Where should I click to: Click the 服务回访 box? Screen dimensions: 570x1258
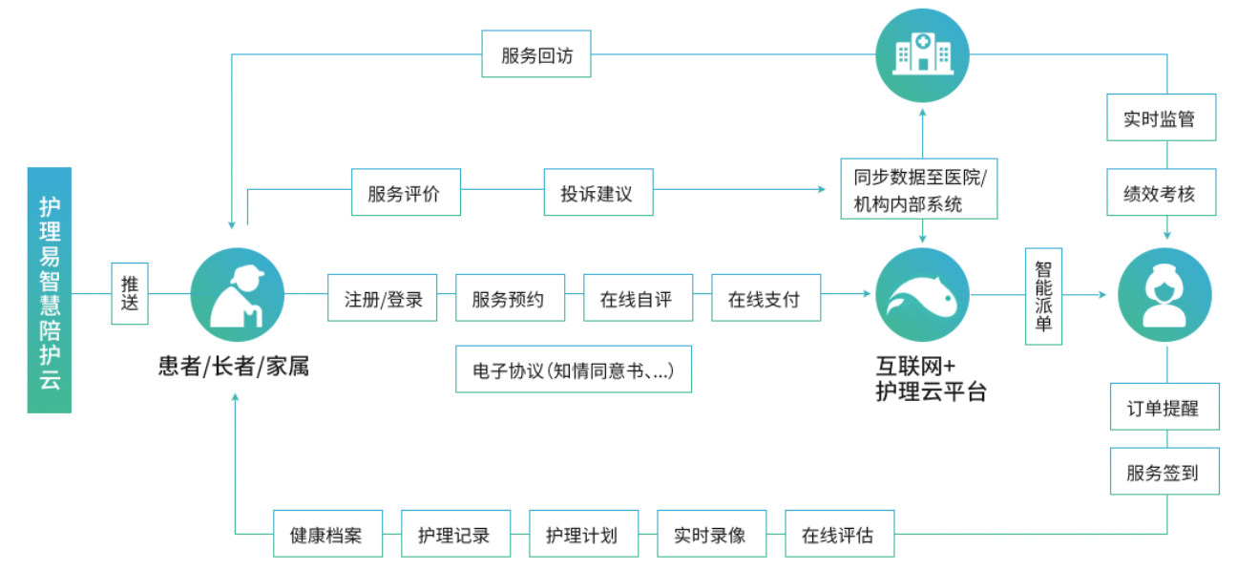[x=536, y=55]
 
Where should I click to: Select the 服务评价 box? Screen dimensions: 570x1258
[x=405, y=193]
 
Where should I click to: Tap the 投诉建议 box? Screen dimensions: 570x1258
[x=598, y=193]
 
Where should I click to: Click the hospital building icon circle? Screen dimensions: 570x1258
[x=922, y=54]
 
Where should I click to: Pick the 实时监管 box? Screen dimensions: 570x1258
[x=1160, y=118]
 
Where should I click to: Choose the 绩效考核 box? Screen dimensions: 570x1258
[x=1160, y=193]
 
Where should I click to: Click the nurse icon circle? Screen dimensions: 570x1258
[x=1164, y=295]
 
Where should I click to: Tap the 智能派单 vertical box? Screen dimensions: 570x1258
[x=1042, y=296]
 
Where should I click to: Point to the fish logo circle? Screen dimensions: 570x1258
[x=922, y=295]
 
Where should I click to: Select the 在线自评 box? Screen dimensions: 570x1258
[x=637, y=299]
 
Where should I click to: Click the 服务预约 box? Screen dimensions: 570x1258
[x=509, y=299]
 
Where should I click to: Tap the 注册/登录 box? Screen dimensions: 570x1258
[x=382, y=299]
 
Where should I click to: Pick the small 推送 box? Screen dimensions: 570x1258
[x=130, y=293]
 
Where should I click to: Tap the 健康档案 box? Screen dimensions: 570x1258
[x=326, y=535]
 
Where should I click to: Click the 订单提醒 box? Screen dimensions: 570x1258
[x=1164, y=408]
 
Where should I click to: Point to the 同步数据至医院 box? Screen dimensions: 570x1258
[x=920, y=189]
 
